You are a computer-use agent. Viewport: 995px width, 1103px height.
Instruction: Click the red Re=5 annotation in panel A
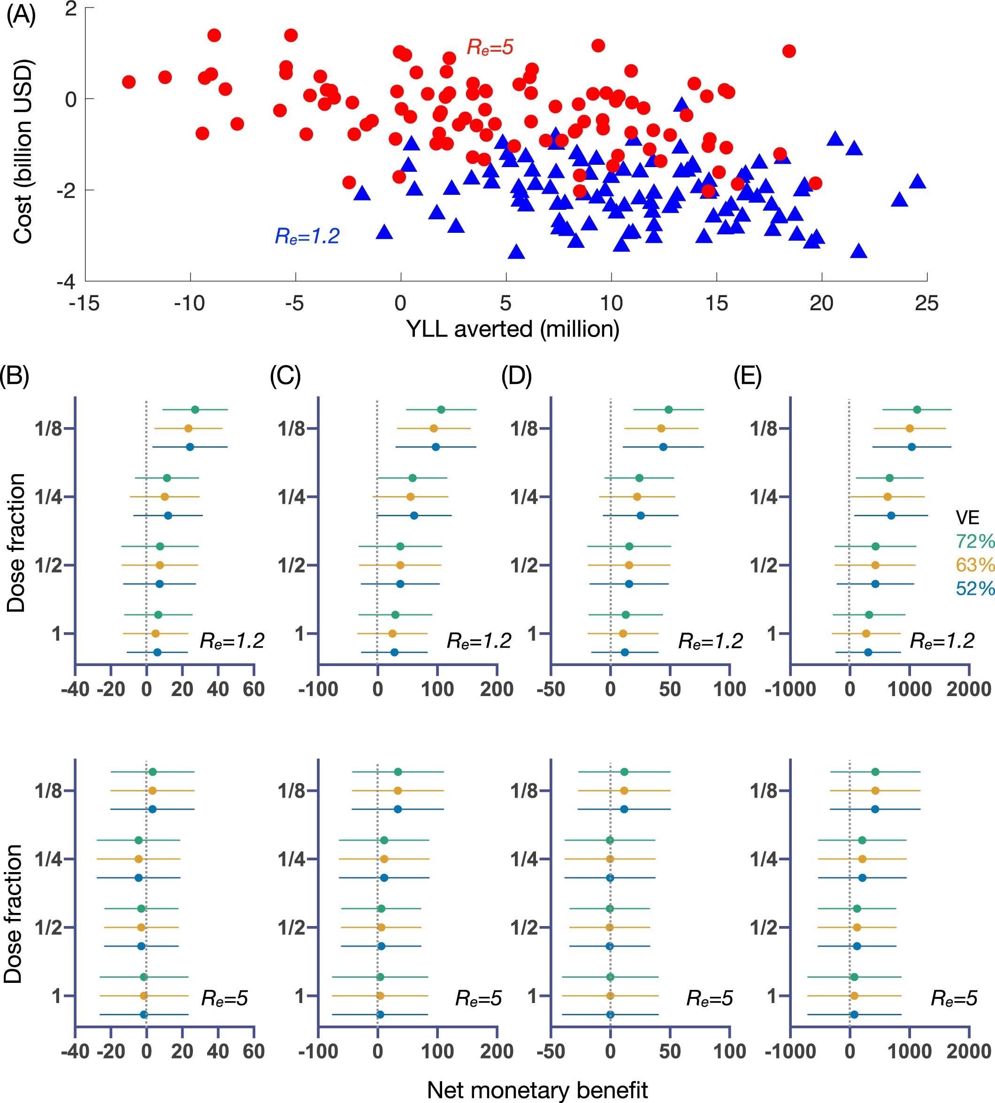point(490,47)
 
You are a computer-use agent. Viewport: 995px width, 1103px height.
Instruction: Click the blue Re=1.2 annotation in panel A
point(306,236)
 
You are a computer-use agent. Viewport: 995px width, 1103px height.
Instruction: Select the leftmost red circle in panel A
point(129,82)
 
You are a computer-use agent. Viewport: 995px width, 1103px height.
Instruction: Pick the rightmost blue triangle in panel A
point(918,182)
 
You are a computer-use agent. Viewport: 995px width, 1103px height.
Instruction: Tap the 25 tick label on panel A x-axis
point(926,303)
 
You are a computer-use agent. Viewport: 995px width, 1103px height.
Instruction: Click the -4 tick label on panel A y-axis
point(66,282)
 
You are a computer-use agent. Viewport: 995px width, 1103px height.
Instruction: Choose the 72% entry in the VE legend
point(974,541)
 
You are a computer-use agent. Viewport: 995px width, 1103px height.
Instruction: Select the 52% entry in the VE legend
point(974,588)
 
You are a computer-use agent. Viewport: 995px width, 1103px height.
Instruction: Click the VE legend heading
point(967,517)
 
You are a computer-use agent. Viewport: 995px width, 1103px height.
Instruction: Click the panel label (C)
point(285,376)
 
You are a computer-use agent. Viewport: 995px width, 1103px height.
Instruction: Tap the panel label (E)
point(747,376)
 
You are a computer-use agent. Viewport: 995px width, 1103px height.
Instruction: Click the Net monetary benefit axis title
point(537,1090)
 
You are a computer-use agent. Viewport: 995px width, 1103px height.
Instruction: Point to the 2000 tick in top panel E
point(968,689)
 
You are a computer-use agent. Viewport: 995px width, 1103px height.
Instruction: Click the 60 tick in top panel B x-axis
point(253,689)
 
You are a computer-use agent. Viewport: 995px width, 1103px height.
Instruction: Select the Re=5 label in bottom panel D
point(709,999)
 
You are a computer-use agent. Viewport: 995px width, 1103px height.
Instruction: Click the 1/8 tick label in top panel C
point(291,429)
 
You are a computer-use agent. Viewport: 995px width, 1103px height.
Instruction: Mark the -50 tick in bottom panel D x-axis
point(551,1051)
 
